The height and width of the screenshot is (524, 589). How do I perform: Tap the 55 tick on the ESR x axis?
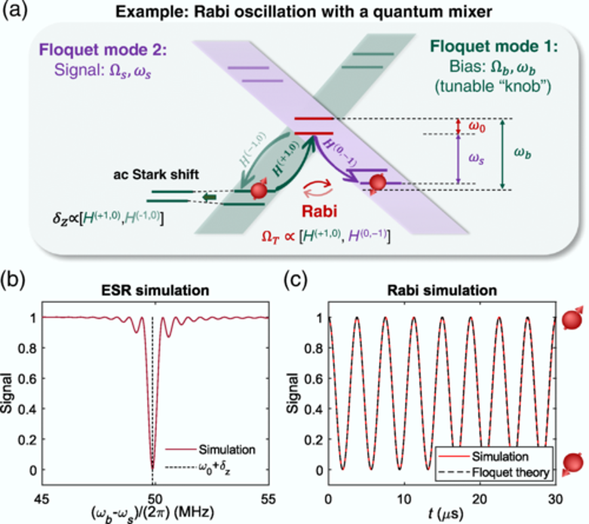[x=267, y=498]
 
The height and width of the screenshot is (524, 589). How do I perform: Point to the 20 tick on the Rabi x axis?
[x=479, y=498]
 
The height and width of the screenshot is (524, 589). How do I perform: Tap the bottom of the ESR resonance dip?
[x=153, y=470]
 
